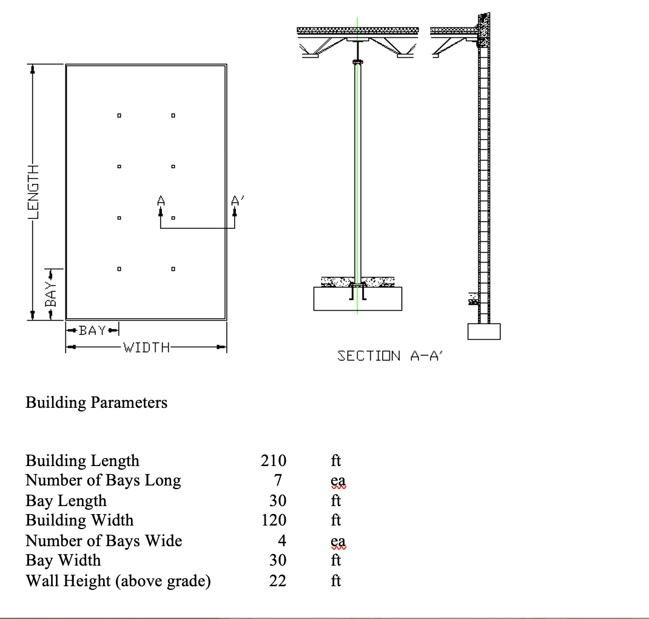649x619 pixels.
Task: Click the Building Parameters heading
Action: pos(96,402)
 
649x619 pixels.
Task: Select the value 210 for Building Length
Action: pos(274,461)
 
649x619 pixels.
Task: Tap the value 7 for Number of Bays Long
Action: pos(278,481)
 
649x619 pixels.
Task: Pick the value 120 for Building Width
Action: pos(274,520)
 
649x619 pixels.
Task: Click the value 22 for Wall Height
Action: pos(277,581)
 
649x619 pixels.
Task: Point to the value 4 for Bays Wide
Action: pos(281,540)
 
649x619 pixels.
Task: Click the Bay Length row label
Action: pos(66,501)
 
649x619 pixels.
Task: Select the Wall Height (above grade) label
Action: pos(118,581)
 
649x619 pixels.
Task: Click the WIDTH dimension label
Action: pos(146,348)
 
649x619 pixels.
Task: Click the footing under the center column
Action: pos(357,299)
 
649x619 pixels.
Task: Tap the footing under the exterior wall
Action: pos(483,331)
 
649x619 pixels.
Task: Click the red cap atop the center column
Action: pos(357,62)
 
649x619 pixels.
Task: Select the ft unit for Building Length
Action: pos(335,461)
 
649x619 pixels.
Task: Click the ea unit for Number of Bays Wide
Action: pos(338,540)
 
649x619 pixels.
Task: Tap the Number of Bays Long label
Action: pos(103,481)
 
